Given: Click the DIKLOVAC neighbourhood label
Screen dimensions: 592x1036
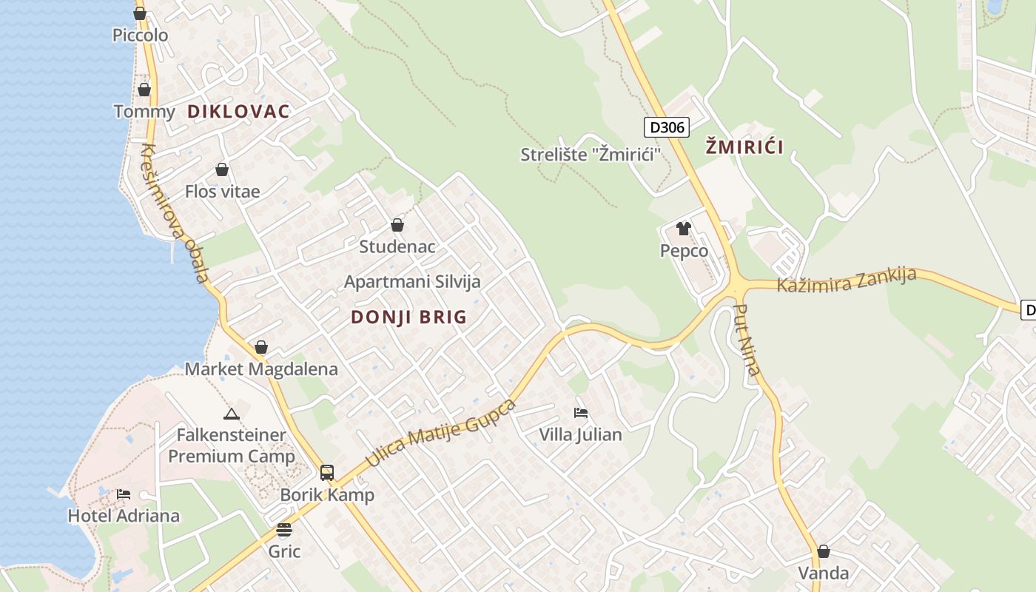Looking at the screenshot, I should [x=238, y=112].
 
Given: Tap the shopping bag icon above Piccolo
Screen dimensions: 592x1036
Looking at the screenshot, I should [x=140, y=13].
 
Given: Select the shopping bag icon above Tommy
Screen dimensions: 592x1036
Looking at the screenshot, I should [x=144, y=90].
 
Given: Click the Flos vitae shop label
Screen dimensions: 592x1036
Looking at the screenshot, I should [x=222, y=192].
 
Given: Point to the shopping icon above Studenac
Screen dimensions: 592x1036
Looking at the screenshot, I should [x=397, y=225].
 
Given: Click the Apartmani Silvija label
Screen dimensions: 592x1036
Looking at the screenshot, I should [x=412, y=282].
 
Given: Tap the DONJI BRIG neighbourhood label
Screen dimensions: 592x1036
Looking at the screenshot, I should [x=408, y=317].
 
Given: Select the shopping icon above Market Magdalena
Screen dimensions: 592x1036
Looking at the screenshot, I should [x=260, y=347].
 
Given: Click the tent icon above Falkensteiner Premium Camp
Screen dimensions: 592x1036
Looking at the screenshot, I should [x=231, y=414].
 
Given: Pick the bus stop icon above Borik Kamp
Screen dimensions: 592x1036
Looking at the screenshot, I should [x=326, y=472].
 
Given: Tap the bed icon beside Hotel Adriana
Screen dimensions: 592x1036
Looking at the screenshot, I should [x=124, y=494].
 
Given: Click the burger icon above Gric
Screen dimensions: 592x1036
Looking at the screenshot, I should [x=284, y=530].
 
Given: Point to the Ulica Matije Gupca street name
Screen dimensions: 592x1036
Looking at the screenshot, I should [x=440, y=433].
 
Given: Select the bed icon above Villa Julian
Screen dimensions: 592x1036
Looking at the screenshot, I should [x=581, y=413].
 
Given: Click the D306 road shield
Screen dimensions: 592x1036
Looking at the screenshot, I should [x=666, y=127].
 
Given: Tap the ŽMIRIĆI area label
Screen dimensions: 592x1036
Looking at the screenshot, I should [x=744, y=147].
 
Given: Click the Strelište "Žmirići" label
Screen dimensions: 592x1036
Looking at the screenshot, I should [x=591, y=155].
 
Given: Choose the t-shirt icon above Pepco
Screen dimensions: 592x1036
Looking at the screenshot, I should [x=684, y=229].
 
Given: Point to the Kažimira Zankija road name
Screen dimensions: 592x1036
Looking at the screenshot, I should [x=846, y=280].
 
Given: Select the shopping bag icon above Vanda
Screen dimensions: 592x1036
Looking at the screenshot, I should [x=823, y=551].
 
